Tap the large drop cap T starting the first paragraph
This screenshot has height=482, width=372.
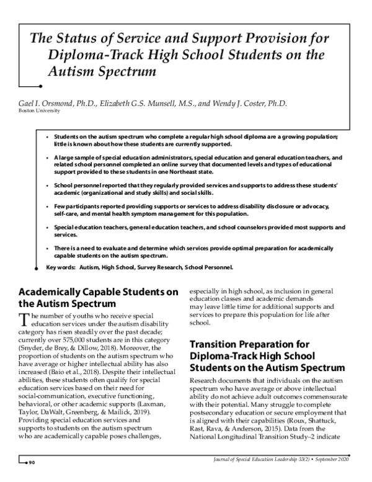click(24, 319)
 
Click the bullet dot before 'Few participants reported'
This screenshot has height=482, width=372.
click(47, 205)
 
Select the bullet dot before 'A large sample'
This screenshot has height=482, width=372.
click(47, 158)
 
